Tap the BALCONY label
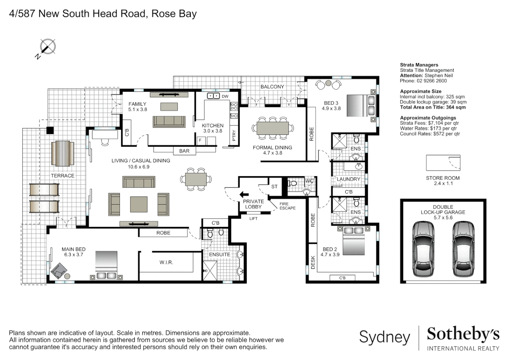tap(272, 87)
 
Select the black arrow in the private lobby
tap(244, 195)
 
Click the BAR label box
tap(184, 151)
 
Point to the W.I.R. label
tap(166, 262)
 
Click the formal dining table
tap(272, 128)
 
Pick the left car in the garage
tap(423, 249)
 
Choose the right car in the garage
tap(463, 249)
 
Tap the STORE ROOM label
tap(443, 178)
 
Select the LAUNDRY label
tap(348, 179)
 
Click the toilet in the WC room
tap(292, 183)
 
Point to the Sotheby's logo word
tap(463, 334)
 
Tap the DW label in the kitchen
tap(225, 96)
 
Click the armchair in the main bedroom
tap(59, 271)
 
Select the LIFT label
tap(254, 219)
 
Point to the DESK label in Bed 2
tap(313, 262)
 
